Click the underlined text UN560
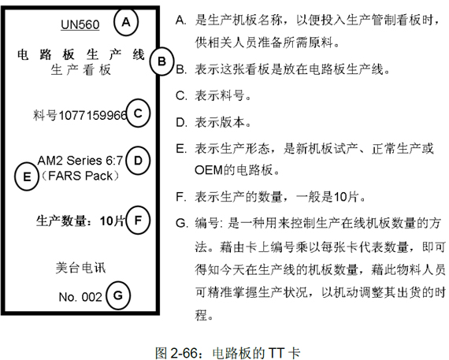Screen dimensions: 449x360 click(80, 24)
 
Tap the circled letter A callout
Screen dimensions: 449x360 click(126, 22)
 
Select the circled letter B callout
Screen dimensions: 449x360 click(161, 61)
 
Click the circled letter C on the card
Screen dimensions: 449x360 click(138, 113)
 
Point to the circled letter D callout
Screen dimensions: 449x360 click(138, 161)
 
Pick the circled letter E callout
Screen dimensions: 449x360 click(27, 176)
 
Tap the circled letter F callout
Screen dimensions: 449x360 click(138, 221)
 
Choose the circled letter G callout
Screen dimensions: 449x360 click(118, 295)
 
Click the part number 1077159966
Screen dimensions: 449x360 click(92, 116)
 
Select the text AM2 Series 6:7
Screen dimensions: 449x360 click(80, 161)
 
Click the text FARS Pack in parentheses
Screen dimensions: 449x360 click(80, 176)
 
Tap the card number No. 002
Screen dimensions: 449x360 click(80, 297)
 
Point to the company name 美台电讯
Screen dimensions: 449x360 click(80, 268)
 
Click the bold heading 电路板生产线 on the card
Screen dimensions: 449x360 click(81, 54)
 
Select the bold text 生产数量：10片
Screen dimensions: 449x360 click(80, 221)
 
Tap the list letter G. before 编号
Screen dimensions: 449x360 click(181, 223)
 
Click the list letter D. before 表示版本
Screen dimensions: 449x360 click(181, 123)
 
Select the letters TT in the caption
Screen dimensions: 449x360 click(276, 353)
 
